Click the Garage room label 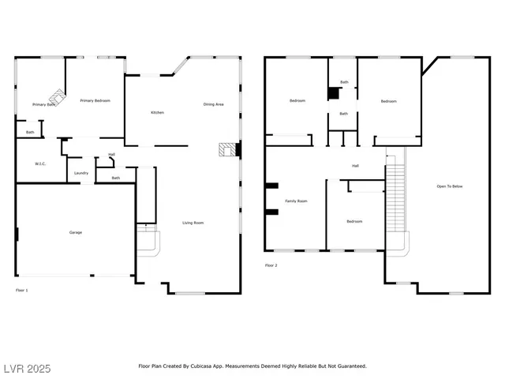(76, 232)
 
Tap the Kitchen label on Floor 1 (157, 113)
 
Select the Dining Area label (213, 104)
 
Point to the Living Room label (193, 223)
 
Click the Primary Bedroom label (95, 101)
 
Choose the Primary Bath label (43, 104)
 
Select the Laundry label (80, 173)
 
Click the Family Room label (296, 201)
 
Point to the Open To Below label (450, 186)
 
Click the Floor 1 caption (22, 291)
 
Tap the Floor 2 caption (271, 265)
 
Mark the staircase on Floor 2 (395, 197)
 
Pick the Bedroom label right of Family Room (354, 221)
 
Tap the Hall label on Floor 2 (355, 166)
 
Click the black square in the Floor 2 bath (333, 93)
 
